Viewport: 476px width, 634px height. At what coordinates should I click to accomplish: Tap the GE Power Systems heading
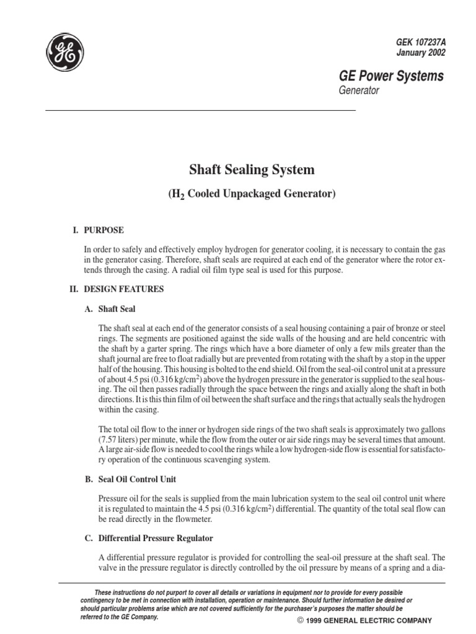pyautogui.click(x=391, y=76)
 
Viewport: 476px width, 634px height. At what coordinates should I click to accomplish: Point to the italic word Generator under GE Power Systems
pyautogui.click(x=358, y=90)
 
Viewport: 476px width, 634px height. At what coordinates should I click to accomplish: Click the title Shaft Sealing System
pyautogui.click(x=251, y=169)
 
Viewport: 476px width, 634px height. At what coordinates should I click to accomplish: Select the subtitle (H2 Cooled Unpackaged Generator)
pyautogui.click(x=251, y=193)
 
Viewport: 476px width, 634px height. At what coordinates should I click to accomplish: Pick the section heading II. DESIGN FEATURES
pyautogui.click(x=116, y=289)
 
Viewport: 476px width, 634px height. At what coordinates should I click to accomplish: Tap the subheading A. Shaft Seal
pyautogui.click(x=110, y=308)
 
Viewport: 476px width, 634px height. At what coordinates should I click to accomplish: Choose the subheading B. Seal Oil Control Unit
pyautogui.click(x=138, y=479)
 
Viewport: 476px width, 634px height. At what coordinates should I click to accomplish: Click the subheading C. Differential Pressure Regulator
pyautogui.click(x=149, y=539)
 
